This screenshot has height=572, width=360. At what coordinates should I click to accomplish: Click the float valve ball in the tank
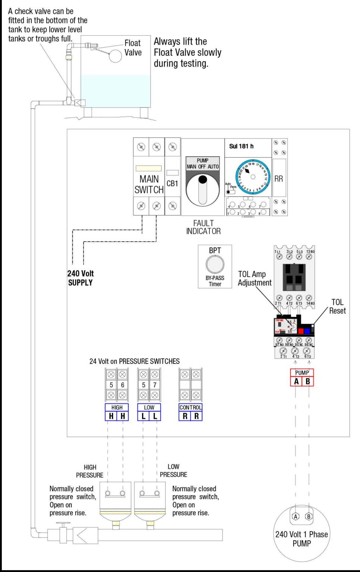pos(115,56)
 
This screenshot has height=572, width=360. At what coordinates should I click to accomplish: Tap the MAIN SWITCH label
pos(149,184)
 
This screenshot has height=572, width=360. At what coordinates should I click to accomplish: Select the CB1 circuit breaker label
pos(172,184)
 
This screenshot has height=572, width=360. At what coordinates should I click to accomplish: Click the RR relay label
pos(278,179)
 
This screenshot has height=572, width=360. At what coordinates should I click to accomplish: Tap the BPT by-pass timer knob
pos(215,265)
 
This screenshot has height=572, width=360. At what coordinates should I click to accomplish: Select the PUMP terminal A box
pos(296,381)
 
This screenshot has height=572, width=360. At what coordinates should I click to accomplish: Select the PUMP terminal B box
pos(308,381)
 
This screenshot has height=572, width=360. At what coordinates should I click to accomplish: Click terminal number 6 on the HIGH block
pos(123,385)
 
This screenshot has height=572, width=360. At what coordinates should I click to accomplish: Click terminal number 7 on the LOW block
pos(155,385)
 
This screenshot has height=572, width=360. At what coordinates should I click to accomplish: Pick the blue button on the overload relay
pos(307,331)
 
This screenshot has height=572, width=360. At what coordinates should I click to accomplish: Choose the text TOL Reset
pos(337,306)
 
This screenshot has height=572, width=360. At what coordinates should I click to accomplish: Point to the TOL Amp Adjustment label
pos(255,278)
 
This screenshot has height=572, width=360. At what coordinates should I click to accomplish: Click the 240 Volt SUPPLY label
pos(80,278)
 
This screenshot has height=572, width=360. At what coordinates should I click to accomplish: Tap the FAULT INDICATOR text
pos(203,227)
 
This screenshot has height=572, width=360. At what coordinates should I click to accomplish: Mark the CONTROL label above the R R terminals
pos(190,407)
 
